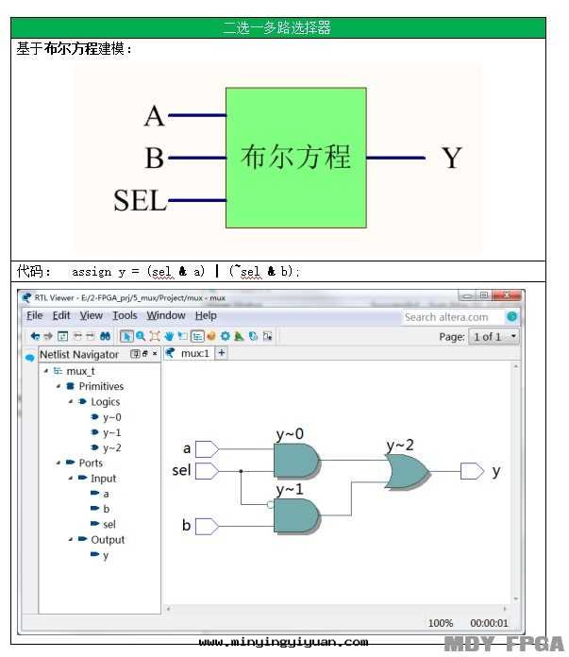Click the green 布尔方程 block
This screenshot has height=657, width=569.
point(295,157)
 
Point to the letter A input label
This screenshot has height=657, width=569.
point(154,116)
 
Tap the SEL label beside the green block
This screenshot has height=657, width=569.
point(140,200)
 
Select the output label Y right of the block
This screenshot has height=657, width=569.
point(451,158)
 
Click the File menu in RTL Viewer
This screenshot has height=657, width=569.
point(34,315)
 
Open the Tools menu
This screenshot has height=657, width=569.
point(125,315)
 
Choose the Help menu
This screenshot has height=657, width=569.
point(206,315)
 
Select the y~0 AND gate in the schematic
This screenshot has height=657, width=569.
point(294,460)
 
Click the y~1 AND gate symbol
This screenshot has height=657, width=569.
point(294,514)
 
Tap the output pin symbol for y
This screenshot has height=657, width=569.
point(472,470)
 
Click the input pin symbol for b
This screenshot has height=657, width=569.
point(207,525)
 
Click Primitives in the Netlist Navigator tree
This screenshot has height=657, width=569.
point(101,386)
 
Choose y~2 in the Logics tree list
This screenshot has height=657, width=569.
point(111,447)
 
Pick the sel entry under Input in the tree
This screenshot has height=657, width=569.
point(109,524)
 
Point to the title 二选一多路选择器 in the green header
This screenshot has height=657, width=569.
point(276,27)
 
